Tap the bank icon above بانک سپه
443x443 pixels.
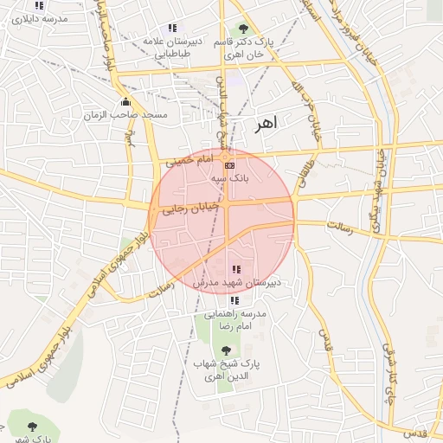(x=228, y=164)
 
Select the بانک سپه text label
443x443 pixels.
(x=230, y=177)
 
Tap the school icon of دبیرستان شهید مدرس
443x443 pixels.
(x=237, y=270)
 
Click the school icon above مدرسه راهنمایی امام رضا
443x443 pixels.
(x=234, y=300)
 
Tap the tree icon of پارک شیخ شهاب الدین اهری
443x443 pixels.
(x=226, y=350)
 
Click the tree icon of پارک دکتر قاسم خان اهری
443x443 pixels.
(x=242, y=27)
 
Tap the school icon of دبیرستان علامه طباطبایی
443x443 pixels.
(x=173, y=28)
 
